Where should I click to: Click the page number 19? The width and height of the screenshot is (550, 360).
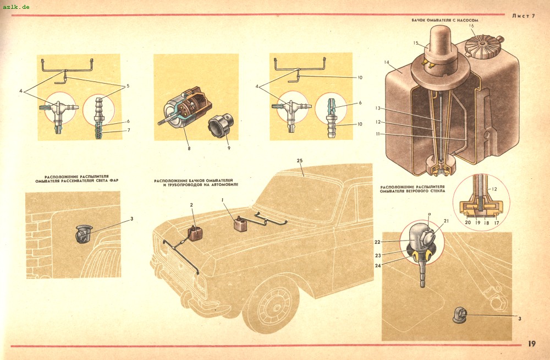[531, 343]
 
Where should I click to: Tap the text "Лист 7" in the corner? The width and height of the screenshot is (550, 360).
[523, 16]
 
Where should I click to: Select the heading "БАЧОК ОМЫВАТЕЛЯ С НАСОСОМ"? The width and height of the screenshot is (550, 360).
[445, 20]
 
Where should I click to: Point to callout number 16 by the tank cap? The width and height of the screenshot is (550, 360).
[471, 26]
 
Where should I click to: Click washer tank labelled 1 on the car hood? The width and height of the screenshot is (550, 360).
[241, 225]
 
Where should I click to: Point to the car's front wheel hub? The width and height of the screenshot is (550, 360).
[272, 304]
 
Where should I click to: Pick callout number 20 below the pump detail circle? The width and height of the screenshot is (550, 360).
[468, 223]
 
